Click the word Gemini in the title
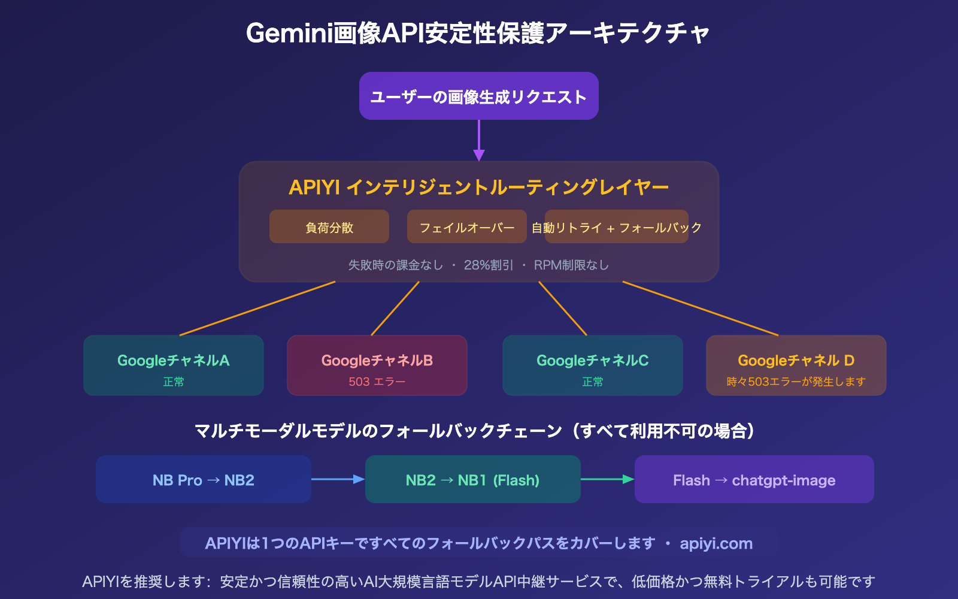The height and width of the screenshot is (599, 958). [x=289, y=34]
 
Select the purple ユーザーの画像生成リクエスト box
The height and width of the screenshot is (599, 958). [x=478, y=96]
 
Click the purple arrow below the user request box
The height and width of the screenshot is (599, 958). [x=478, y=141]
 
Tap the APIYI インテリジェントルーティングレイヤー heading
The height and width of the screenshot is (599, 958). [x=478, y=187]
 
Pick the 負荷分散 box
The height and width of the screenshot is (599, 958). [x=329, y=227]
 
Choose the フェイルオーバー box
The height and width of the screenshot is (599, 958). [x=466, y=227]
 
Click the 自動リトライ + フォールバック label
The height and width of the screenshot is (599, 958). [x=616, y=228]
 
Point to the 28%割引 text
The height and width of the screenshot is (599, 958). [x=489, y=265]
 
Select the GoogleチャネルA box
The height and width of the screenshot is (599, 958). [x=174, y=365]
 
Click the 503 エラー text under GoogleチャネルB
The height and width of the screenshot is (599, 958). [x=377, y=382]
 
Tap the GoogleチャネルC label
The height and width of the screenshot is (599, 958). [x=592, y=361]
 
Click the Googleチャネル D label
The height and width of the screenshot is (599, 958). [x=796, y=361]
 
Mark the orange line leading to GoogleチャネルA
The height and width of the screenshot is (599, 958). [x=257, y=308]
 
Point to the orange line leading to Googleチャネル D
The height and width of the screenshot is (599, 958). [x=701, y=308]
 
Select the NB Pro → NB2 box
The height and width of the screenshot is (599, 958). [x=204, y=480]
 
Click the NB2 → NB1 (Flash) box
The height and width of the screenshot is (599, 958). [x=472, y=480]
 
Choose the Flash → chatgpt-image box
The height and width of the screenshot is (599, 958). [x=754, y=480]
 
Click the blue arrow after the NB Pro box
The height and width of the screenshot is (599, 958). [x=338, y=479]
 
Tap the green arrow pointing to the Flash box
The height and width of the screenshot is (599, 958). [x=607, y=479]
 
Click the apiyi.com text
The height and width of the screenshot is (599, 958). [x=716, y=544]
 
